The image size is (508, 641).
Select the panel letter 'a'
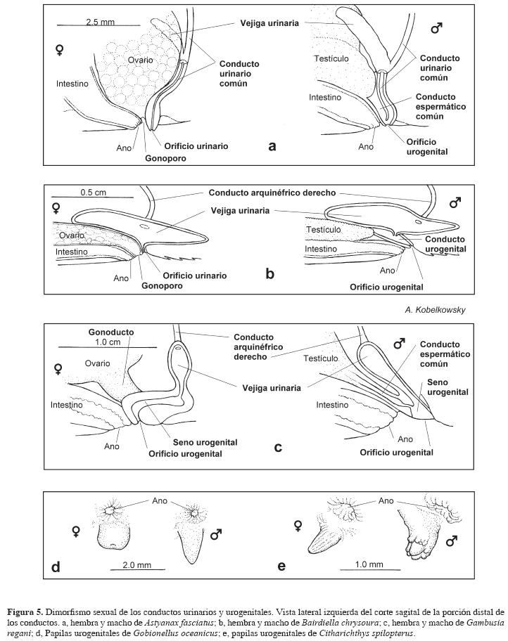pos(272,146)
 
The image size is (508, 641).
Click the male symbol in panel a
pos(436,30)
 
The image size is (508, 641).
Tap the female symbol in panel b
pos(56,208)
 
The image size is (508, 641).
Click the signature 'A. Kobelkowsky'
pos(435,310)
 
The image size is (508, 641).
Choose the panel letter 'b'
pos(269,274)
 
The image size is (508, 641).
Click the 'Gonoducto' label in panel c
pos(107,331)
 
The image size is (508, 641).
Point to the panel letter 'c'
pos(279,446)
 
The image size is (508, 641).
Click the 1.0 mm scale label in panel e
pos(369,564)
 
